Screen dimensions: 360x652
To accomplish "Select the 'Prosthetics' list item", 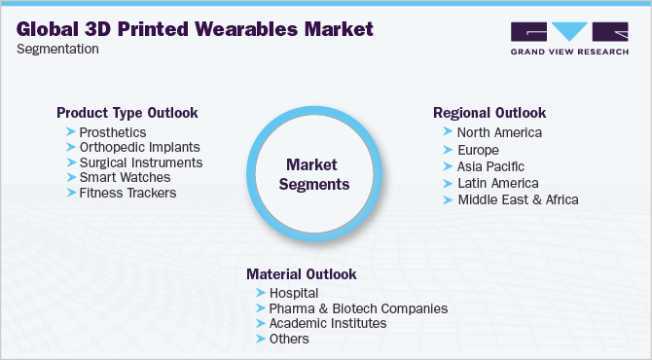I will point(113,131).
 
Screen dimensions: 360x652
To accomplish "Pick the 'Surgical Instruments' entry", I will point(140,162).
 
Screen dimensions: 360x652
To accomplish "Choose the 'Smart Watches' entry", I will point(125,178).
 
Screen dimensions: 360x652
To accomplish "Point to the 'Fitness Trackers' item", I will point(127,194).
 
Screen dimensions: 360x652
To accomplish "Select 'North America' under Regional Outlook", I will point(499,132).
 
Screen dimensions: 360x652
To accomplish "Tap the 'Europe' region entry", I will point(478,151).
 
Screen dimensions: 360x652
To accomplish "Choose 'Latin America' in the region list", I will point(497,183).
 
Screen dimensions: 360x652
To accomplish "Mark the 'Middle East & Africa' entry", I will point(518,199).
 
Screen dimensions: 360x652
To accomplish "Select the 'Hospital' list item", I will point(295,292).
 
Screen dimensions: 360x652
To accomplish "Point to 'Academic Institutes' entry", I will point(328,323).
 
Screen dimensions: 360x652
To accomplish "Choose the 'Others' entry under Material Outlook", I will point(290,339).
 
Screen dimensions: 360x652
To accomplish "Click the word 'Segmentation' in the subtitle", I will point(57,49).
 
